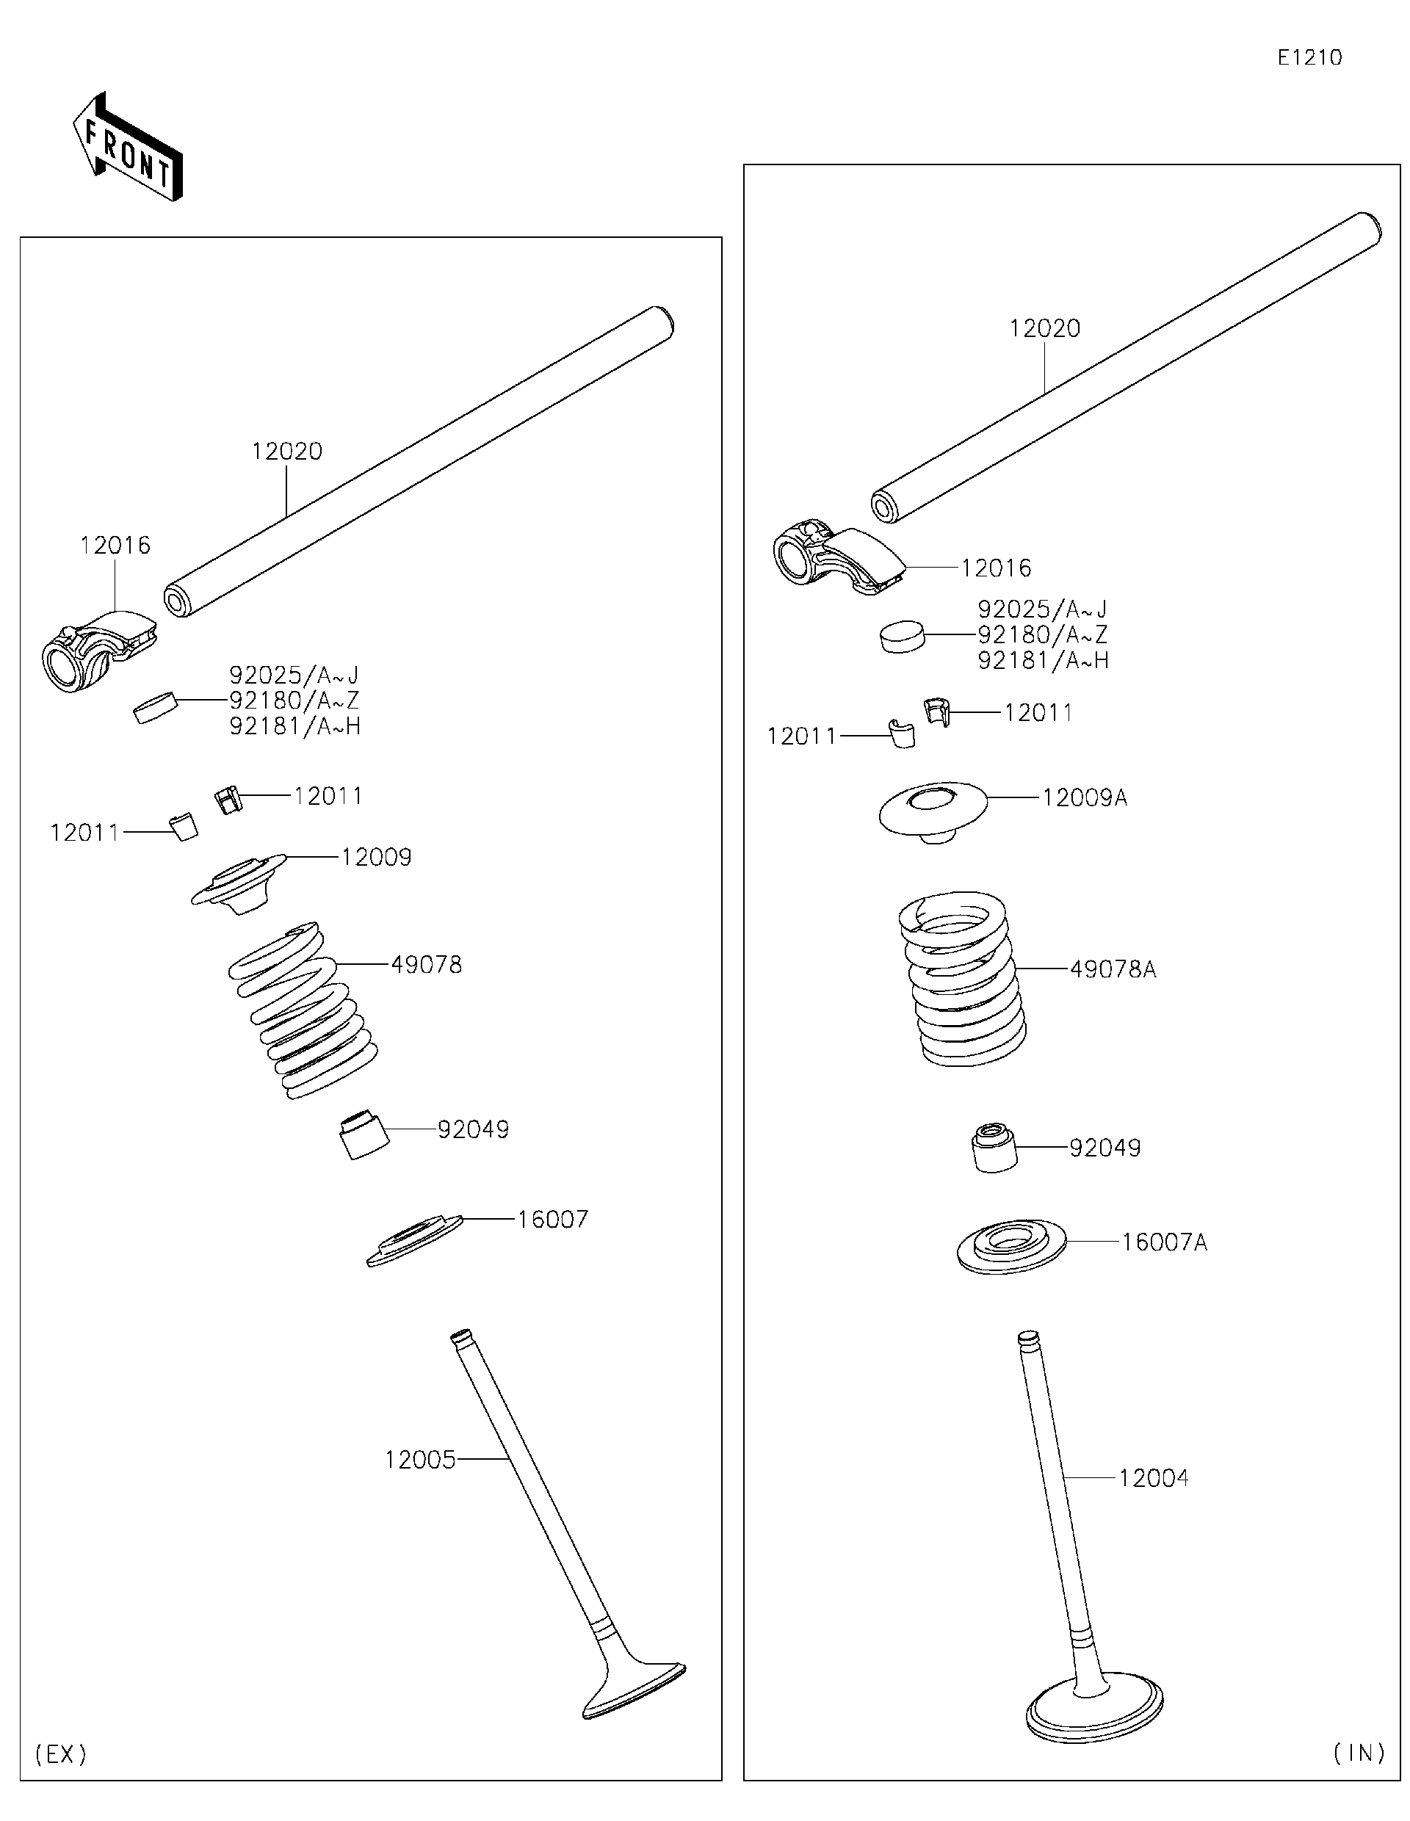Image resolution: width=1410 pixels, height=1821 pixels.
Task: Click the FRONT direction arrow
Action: click(x=128, y=148)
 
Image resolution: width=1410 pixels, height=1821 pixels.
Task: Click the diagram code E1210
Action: click(x=1309, y=57)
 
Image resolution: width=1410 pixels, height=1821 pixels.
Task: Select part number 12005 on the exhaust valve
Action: click(x=419, y=1459)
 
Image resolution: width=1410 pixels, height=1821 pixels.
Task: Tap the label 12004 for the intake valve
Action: click(x=1152, y=1477)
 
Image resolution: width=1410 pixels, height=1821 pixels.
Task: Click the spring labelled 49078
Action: click(x=303, y=1010)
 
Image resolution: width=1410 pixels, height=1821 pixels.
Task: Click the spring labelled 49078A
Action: click(x=961, y=978)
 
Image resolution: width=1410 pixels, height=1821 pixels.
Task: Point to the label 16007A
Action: click(x=1163, y=1242)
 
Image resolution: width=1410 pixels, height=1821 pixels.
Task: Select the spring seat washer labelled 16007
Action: click(x=414, y=1240)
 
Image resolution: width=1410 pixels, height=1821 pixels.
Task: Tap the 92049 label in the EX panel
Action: click(x=473, y=1129)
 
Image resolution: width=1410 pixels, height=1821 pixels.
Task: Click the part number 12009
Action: click(x=376, y=857)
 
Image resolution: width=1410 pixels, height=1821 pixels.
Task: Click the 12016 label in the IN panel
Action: click(x=996, y=568)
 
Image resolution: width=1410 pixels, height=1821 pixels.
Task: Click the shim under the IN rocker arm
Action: click(x=903, y=635)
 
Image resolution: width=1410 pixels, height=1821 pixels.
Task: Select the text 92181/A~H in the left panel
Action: click(x=294, y=726)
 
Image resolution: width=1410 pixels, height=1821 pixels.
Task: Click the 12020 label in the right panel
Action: click(x=1044, y=328)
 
